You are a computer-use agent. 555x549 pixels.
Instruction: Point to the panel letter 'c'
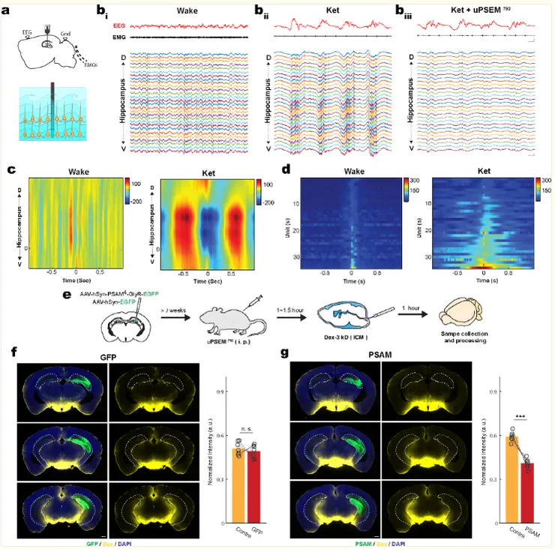pos(11,169)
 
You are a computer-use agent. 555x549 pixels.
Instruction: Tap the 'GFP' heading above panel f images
pos(109,358)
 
